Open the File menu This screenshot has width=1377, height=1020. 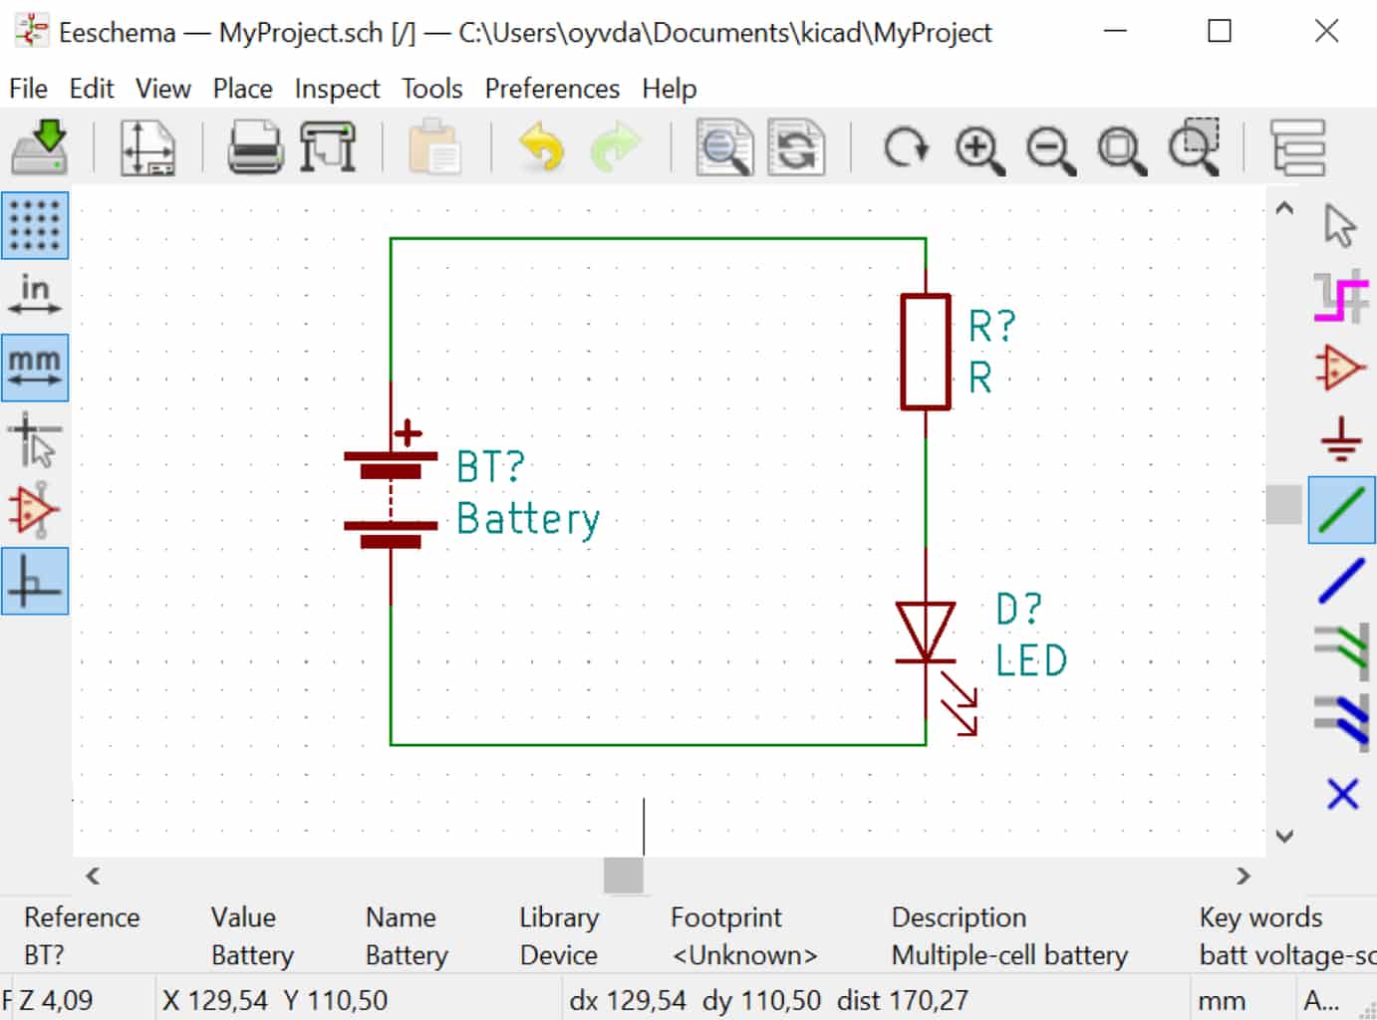coord(28,89)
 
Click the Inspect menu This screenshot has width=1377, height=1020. coord(337,89)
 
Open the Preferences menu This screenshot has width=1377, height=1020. coord(552,89)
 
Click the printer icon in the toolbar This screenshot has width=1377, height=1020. coord(255,147)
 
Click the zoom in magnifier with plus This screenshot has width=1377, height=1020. coord(979,149)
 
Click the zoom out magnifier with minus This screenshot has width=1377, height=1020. coord(1050,149)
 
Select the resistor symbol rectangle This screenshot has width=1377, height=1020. coord(926,351)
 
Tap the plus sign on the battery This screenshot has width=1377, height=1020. coord(408,433)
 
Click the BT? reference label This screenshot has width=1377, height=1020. coord(490,466)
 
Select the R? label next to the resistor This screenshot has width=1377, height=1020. coord(991,326)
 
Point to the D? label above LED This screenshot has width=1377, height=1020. coord(1018,609)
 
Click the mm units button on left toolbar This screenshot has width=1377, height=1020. coord(35,368)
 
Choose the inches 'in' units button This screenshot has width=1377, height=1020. coord(35,296)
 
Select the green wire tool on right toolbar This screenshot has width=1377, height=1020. coord(1341,510)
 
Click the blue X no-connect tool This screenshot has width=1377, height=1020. coord(1342,794)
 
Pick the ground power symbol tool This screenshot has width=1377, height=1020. coord(1341,438)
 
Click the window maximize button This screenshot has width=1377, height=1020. coord(1220,31)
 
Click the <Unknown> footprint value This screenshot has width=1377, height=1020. coord(744,955)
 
